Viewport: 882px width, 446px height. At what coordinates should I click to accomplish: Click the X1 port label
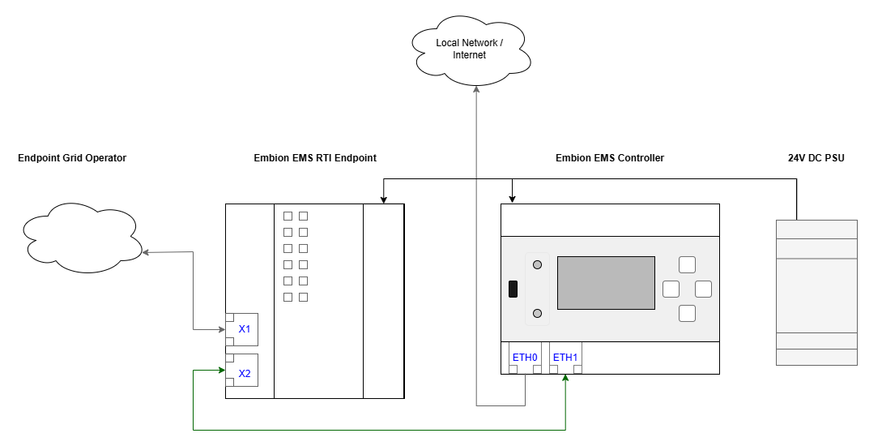(245, 330)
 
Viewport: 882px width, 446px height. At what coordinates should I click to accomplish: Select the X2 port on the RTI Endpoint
(245, 374)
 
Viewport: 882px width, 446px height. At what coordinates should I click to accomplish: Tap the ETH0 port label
(525, 357)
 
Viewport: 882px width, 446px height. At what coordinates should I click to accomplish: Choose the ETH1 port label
(565, 357)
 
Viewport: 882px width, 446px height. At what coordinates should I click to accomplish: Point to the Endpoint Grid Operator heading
(72, 158)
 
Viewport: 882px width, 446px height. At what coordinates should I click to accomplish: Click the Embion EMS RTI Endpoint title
(315, 158)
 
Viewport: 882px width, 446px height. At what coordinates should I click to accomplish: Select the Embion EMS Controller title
(610, 158)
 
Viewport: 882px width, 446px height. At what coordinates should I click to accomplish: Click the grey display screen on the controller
(606, 282)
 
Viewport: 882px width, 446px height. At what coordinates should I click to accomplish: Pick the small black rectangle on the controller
(513, 289)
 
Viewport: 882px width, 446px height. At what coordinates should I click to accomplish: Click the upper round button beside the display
(537, 264)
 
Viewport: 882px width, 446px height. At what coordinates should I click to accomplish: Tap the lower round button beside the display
(537, 313)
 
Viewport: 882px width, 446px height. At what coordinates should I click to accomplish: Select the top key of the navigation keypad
(687, 264)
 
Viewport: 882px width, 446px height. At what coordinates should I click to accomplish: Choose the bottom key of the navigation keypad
(687, 313)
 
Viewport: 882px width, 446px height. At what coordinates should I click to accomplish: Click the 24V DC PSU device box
(816, 292)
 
